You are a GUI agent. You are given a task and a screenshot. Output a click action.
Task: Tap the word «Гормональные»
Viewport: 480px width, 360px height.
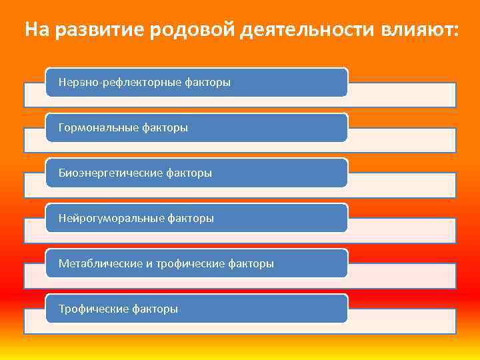tap(99, 128)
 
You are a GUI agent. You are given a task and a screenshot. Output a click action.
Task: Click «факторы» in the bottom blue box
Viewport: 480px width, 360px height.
tap(155, 309)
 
